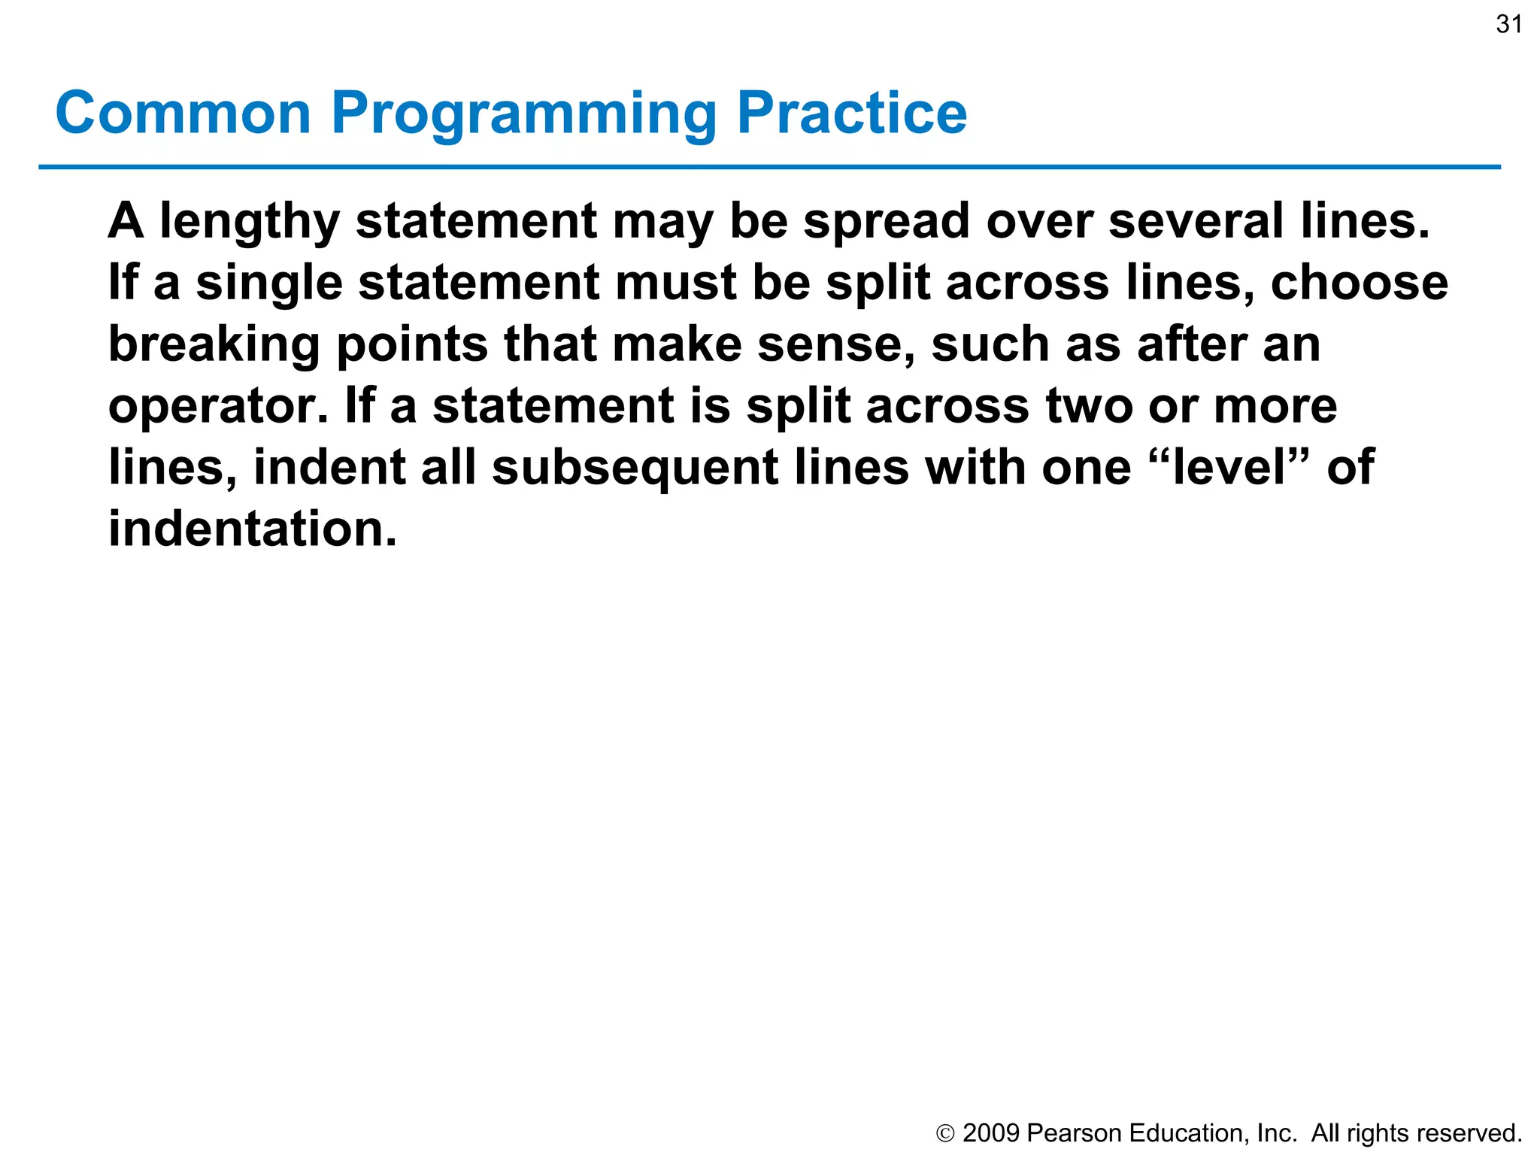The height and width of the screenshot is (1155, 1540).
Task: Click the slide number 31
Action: coord(1508,25)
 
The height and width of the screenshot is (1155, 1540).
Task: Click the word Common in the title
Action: coord(183,113)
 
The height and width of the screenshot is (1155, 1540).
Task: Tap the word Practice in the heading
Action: coord(851,113)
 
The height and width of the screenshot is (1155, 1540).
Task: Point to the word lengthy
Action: coord(250,223)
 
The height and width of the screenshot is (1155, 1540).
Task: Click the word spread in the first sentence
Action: coord(887,223)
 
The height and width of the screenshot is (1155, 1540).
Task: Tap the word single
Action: coord(269,284)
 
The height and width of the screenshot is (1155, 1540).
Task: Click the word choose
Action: coord(1359,283)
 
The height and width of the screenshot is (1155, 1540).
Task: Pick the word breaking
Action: coord(214,346)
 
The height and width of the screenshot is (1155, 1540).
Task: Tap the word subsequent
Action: coord(635,468)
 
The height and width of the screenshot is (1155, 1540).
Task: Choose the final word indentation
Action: coord(251,529)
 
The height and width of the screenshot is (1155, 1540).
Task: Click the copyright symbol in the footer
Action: coord(945,1133)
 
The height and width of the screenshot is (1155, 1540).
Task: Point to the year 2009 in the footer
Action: coord(991,1132)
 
